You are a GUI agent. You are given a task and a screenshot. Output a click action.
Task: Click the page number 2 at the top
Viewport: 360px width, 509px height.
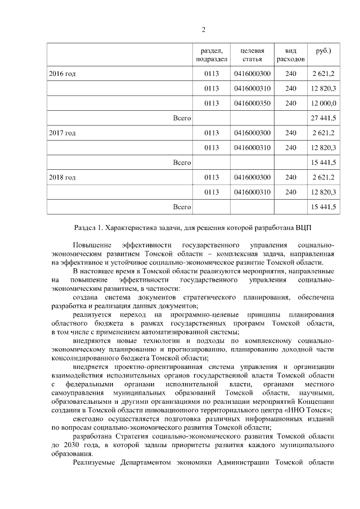[x=203, y=30]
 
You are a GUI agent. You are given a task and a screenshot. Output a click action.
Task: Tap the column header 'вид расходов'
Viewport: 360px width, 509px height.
[x=291, y=55]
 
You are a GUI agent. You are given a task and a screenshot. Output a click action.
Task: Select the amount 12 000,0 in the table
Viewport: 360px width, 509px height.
[x=323, y=103]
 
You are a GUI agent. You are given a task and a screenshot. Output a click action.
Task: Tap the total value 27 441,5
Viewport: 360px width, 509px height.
[x=323, y=118]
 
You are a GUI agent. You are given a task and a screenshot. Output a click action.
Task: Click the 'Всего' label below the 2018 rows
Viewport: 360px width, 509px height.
[x=182, y=208]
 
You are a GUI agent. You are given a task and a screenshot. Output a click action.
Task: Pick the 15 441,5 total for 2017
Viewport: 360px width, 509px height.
[x=323, y=163]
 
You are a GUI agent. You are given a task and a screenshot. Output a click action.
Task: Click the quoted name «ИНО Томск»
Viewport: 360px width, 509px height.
[x=312, y=411]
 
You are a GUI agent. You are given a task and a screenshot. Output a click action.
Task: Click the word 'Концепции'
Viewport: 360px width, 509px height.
[x=315, y=402]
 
